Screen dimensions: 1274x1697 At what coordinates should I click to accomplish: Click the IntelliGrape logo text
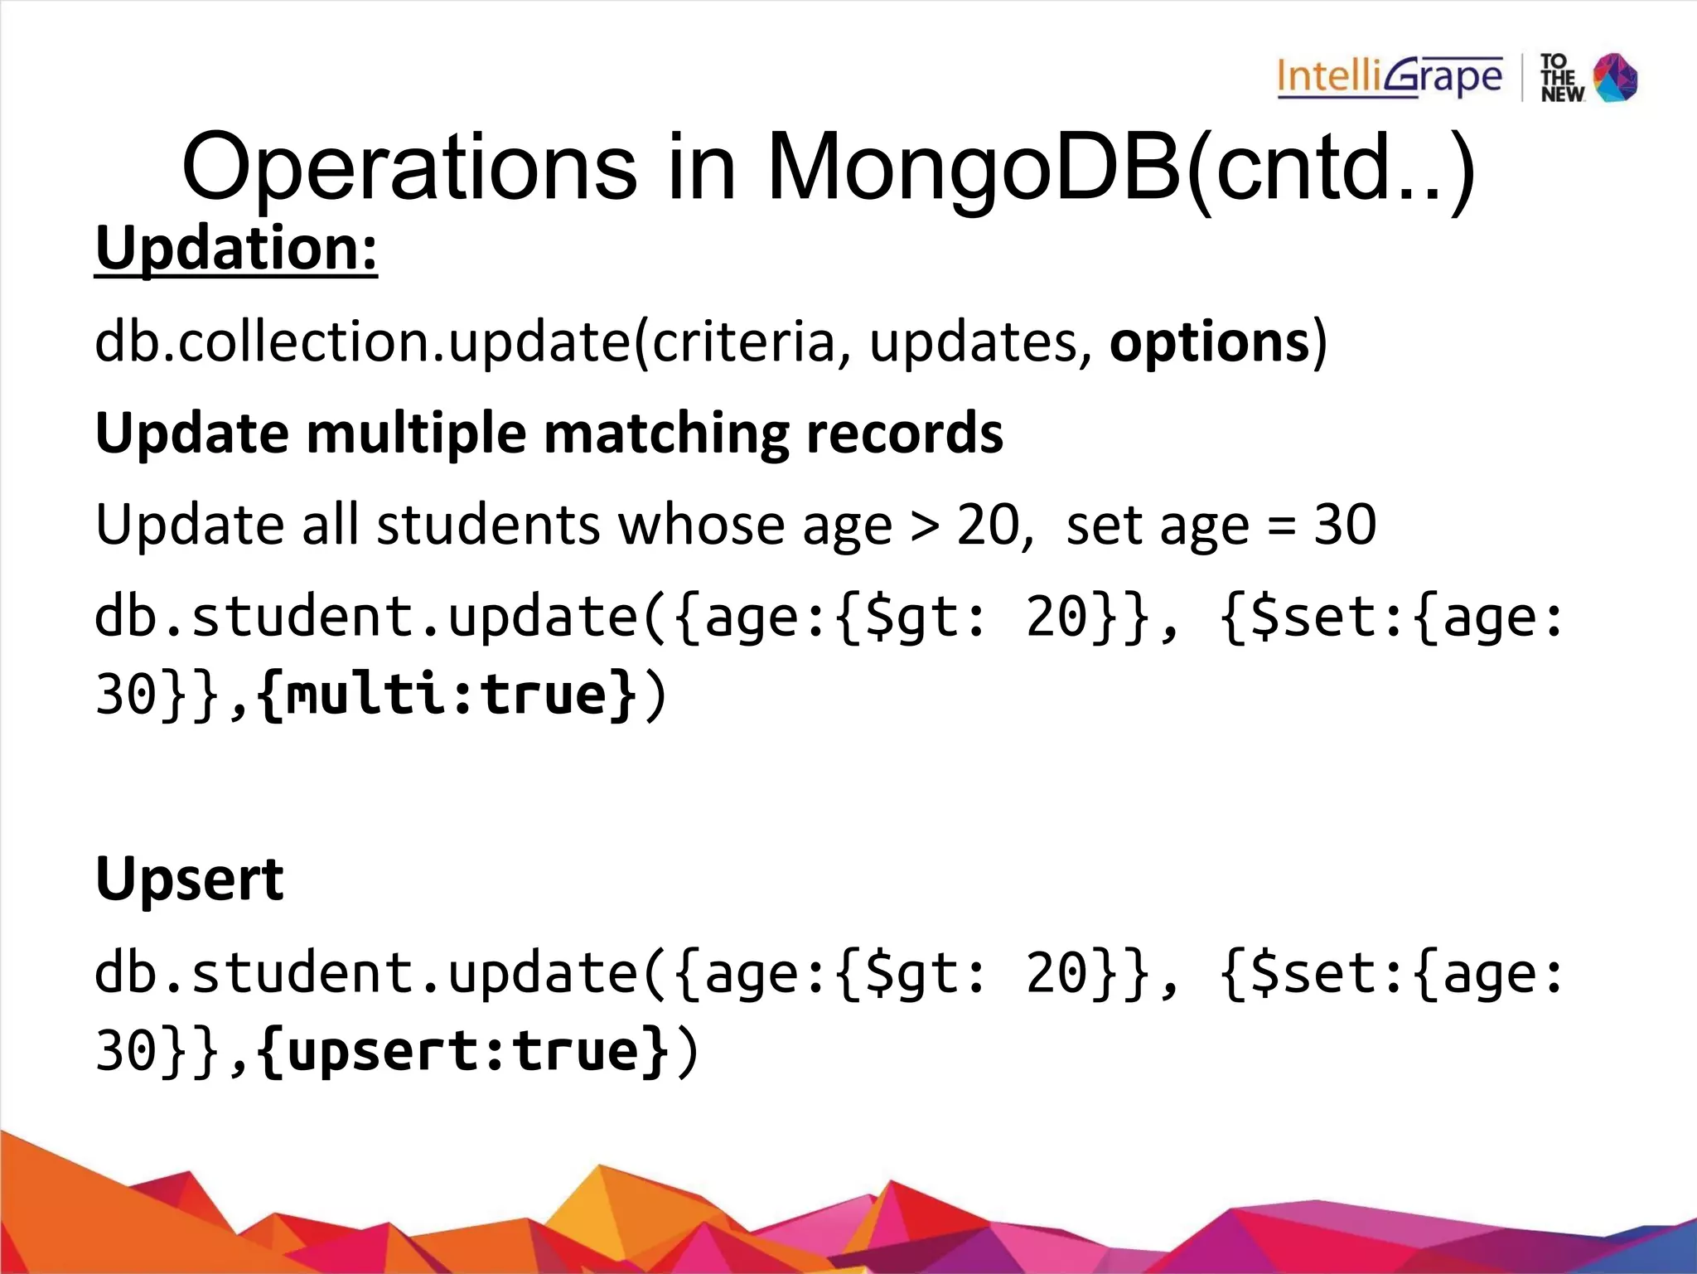(1389, 78)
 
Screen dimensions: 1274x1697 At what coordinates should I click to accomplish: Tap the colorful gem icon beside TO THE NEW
(1616, 78)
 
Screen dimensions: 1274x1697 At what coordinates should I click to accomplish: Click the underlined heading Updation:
(236, 248)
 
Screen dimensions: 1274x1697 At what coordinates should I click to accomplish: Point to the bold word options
(1210, 342)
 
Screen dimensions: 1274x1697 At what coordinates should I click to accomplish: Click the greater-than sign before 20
(924, 526)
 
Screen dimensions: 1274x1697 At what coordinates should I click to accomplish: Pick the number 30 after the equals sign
(1345, 524)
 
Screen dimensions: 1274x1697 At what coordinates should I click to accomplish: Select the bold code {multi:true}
(447, 694)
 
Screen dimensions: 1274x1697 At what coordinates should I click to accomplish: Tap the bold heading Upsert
(190, 879)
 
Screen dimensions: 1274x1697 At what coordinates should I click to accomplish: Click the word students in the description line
(488, 526)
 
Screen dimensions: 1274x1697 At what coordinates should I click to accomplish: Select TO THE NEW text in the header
(1561, 78)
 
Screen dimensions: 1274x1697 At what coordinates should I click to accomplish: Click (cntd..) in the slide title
(1331, 170)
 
